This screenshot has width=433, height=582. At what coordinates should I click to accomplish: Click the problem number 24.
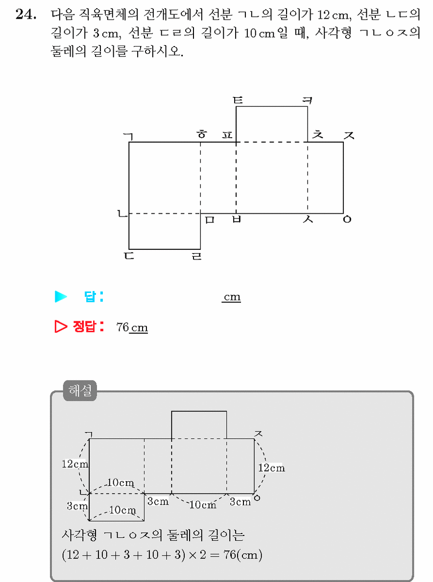click(x=26, y=15)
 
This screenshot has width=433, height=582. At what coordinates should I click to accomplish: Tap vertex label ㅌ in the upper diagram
click(x=238, y=100)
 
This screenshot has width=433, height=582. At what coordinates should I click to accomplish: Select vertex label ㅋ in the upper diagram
click(x=307, y=100)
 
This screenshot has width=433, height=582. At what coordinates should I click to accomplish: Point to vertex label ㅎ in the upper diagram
click(x=201, y=134)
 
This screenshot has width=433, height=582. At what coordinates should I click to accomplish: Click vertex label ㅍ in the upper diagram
click(x=227, y=135)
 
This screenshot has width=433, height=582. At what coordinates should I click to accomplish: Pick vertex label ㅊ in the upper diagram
click(x=317, y=134)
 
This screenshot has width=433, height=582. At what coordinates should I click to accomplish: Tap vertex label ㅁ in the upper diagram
click(x=210, y=220)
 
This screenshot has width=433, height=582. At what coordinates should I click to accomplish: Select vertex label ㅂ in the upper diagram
click(x=237, y=219)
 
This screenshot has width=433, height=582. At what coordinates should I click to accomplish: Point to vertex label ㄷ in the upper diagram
click(x=129, y=256)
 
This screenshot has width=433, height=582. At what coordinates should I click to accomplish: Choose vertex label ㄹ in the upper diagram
click(x=196, y=256)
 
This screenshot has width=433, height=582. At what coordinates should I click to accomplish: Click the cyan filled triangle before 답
click(x=61, y=296)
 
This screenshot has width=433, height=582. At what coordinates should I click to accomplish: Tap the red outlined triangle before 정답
click(x=61, y=327)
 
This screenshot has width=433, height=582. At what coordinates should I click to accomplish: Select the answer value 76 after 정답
click(x=122, y=327)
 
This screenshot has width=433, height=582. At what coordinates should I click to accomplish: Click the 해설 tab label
click(x=80, y=390)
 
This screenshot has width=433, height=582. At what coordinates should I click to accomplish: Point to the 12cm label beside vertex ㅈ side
click(x=271, y=468)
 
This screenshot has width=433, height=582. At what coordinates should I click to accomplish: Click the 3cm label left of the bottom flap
click(x=77, y=506)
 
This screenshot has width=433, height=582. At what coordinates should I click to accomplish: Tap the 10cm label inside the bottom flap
click(x=122, y=510)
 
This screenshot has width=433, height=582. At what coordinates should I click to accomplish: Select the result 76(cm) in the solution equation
click(x=243, y=555)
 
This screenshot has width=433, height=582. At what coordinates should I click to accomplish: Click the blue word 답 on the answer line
click(x=90, y=296)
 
